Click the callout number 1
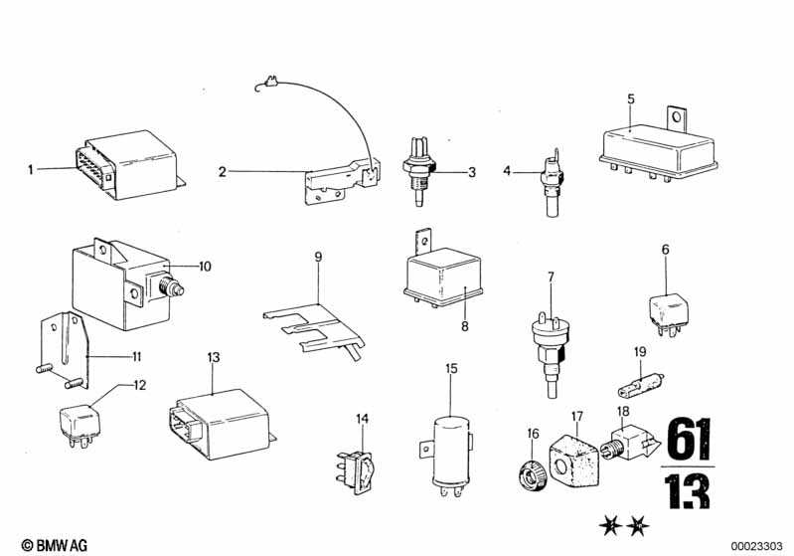[31, 169]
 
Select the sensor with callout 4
[552, 182]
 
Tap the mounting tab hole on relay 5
[675, 119]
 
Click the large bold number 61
[689, 439]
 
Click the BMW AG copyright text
[55, 545]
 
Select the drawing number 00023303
[756, 546]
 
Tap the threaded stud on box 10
[172, 289]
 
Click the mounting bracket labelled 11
[65, 351]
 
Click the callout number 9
[318, 257]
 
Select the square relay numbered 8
[442, 273]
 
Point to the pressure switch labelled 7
[549, 351]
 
